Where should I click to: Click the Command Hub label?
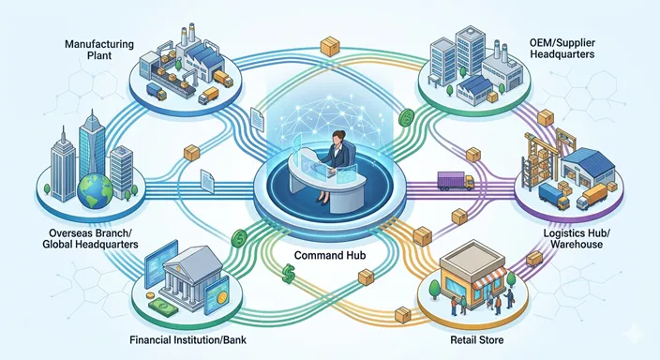330,255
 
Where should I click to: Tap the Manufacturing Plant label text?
99,50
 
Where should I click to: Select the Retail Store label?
477,339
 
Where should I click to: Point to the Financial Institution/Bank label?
187,339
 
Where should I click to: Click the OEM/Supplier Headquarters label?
562,49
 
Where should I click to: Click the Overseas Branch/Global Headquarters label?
91,238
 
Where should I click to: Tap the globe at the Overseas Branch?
95,190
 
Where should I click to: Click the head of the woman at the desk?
338,138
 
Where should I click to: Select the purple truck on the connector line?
456,181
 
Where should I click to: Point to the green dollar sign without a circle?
289,273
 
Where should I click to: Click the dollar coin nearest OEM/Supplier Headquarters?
407,118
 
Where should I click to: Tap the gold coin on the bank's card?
219,298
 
